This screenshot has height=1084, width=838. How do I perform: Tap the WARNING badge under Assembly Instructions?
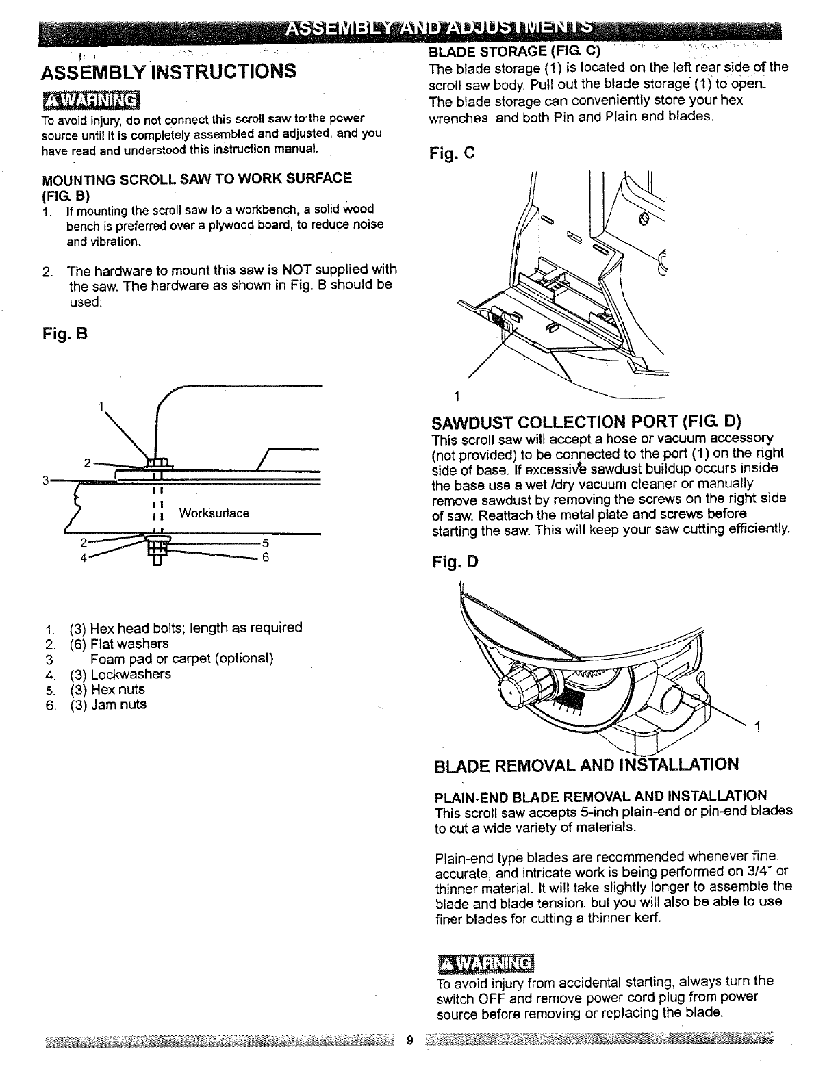(x=90, y=101)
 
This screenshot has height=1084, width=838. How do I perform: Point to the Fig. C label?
(x=452, y=153)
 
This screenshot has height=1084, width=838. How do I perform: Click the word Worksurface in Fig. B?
(x=214, y=513)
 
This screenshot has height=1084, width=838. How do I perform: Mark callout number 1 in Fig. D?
(x=757, y=727)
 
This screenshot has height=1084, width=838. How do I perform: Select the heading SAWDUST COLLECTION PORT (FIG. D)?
(x=587, y=420)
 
